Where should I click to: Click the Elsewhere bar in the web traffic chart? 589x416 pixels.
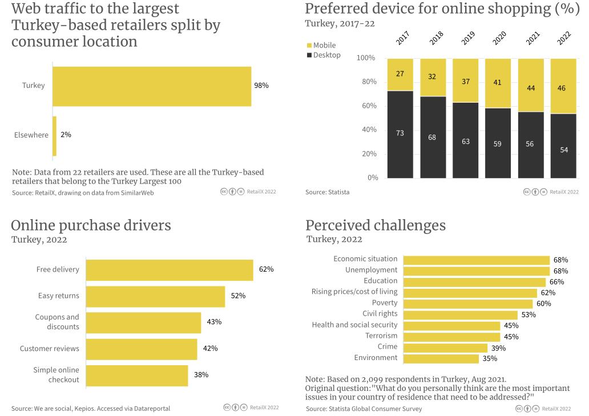[55, 136]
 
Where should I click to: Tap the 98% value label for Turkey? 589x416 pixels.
[261, 86]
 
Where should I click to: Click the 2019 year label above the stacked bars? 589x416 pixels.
[468, 38]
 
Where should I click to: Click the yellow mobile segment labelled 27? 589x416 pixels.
[400, 74]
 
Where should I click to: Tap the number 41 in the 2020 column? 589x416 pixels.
[497, 83]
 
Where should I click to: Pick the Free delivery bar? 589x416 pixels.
[170, 269]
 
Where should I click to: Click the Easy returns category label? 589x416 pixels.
[59, 296]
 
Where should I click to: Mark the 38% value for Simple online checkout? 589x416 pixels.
[201, 375]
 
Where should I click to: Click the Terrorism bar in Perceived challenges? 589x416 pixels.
[451, 336]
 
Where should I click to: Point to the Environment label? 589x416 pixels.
[376, 358]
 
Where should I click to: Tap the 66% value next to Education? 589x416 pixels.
[556, 282]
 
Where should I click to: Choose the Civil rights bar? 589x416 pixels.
[461, 314]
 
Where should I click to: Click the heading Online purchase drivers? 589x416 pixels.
[91, 225]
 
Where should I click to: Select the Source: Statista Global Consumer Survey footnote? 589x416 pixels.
[364, 409]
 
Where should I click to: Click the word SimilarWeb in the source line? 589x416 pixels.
[136, 193]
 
